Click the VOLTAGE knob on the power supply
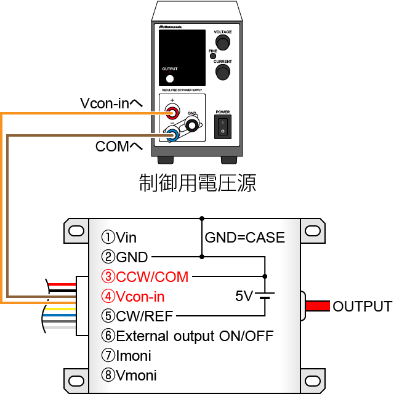(x=222, y=42)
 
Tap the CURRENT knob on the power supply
(x=222, y=73)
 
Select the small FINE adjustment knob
(x=213, y=56)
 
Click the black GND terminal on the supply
(x=193, y=126)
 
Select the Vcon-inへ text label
(x=111, y=103)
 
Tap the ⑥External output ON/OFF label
(x=187, y=336)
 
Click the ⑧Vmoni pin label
(x=129, y=375)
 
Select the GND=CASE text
(x=244, y=237)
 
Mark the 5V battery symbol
(x=265, y=296)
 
